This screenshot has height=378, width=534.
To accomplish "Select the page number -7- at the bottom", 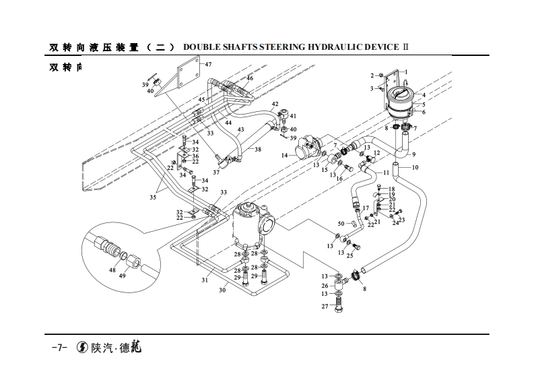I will tap(58, 348).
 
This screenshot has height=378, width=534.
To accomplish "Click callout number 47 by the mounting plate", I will tap(208, 65).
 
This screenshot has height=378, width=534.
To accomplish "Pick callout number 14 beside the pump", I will tap(285, 156).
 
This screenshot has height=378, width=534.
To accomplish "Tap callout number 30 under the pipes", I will tap(222, 291).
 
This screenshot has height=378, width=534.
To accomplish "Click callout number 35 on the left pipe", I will tap(153, 197).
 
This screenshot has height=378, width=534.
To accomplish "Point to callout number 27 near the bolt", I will tap(325, 307).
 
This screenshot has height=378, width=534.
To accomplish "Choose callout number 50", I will tap(341, 223).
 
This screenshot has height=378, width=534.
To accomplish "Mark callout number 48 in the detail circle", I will tap(112, 270).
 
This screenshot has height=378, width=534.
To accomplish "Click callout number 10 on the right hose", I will tap(415, 167).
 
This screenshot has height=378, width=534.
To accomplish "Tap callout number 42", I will tap(275, 104).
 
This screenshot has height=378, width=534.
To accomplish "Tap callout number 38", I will tap(257, 150).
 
